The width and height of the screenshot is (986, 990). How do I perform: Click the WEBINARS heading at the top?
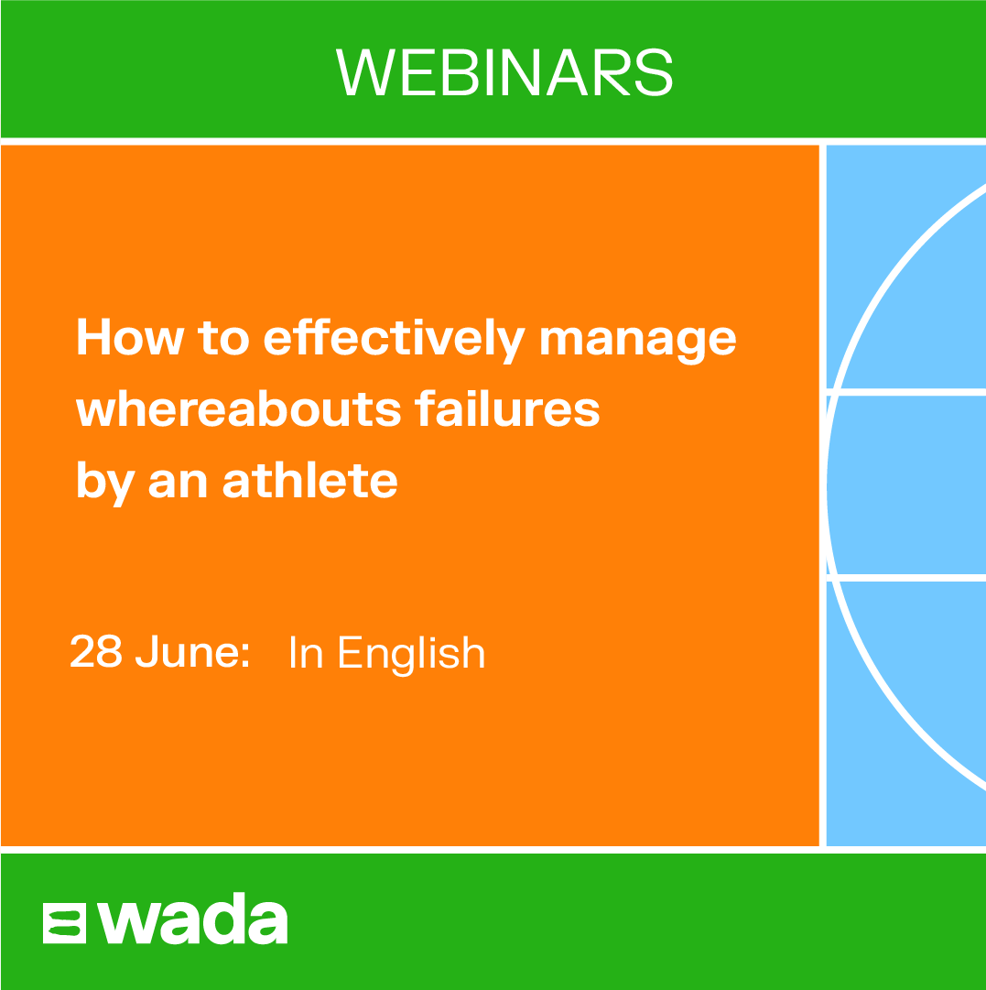coord(504,72)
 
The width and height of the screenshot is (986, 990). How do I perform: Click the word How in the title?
coord(131,336)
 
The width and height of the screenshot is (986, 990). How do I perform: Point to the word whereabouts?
coord(239,408)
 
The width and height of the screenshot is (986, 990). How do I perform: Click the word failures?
coord(507,408)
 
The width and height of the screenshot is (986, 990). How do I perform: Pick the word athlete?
coord(310,480)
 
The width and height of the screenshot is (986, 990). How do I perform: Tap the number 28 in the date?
coord(95,650)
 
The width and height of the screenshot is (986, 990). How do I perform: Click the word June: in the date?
coord(192,650)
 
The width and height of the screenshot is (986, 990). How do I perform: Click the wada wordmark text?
coord(192,919)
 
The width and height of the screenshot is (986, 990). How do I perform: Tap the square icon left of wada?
coord(64,924)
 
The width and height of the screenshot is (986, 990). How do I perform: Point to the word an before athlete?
coord(178,484)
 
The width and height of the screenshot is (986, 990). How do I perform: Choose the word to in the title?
coord(223,339)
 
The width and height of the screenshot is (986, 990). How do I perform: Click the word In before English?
coord(306,652)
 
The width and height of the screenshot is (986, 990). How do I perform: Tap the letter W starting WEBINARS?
coord(365,72)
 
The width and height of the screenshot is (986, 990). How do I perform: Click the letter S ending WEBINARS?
coord(654,72)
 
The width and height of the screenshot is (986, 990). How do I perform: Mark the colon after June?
coord(245,656)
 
